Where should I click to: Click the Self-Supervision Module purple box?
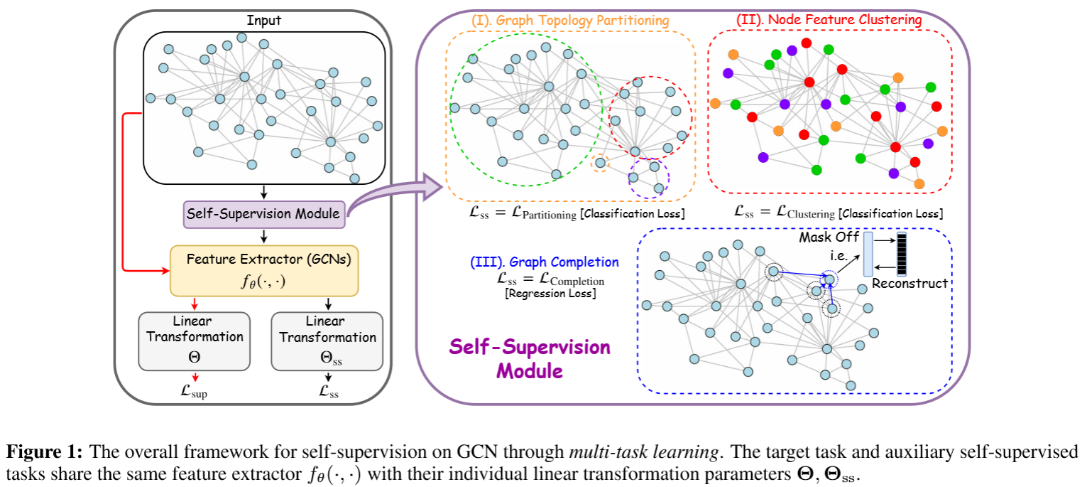(x=264, y=213)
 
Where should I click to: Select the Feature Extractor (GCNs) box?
(x=264, y=270)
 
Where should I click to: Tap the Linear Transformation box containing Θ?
(x=195, y=341)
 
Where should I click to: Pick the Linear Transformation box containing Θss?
(x=327, y=341)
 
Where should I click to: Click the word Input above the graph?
(x=263, y=20)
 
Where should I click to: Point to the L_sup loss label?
(x=195, y=390)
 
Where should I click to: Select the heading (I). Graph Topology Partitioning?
(x=569, y=21)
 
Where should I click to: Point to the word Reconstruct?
(x=910, y=284)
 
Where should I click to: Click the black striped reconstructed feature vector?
(x=902, y=254)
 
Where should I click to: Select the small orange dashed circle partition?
(x=601, y=163)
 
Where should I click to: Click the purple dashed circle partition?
(x=650, y=176)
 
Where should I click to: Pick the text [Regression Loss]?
(x=550, y=293)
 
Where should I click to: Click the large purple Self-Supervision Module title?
(x=530, y=359)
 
